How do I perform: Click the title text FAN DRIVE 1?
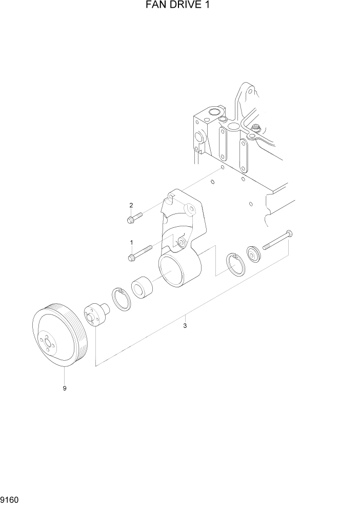click(180, 6)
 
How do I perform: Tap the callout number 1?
click(131, 242)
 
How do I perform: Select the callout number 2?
click(131, 205)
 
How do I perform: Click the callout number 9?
click(65, 388)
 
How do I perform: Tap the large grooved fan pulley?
click(59, 336)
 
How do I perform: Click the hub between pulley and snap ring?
click(95, 314)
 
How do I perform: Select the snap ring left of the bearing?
click(122, 299)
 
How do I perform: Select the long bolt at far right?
click(277, 241)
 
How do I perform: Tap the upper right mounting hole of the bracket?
click(189, 210)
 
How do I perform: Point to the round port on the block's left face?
click(197, 137)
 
